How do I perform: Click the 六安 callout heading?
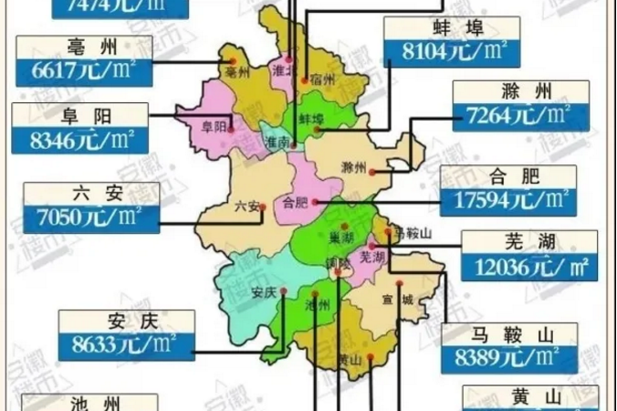click(89, 194)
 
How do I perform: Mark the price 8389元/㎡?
click(508, 356)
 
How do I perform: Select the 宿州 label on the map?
click(319, 78)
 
